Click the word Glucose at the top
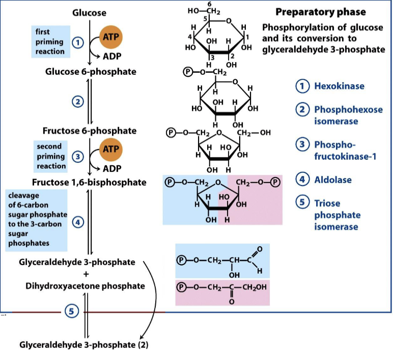pyautogui.click(x=90, y=13)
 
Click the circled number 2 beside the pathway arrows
pyautogui.click(x=77, y=102)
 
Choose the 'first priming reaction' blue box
pyautogui.click(x=50, y=42)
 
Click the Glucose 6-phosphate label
pyautogui.click(x=91, y=72)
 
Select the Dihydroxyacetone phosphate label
pyautogui.click(x=86, y=286)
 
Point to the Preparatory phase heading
pyautogui.click(x=320, y=12)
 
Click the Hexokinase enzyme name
pyautogui.click(x=339, y=86)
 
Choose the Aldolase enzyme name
pyautogui.click(x=333, y=179)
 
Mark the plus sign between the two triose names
pyautogui.click(x=86, y=274)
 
